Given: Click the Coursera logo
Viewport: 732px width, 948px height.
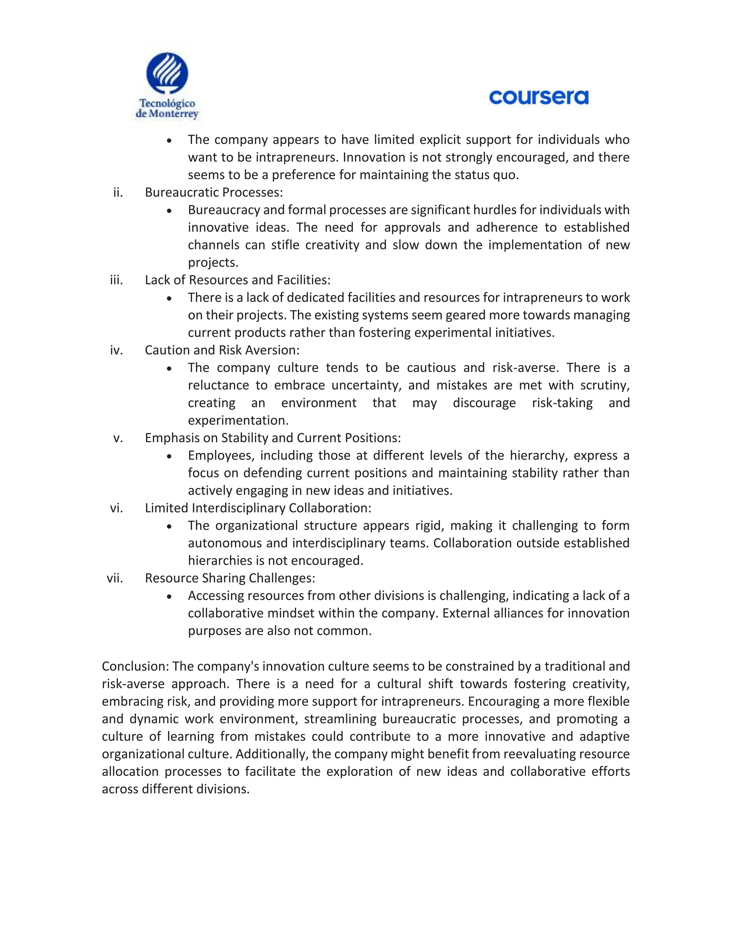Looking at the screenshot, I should [539, 97].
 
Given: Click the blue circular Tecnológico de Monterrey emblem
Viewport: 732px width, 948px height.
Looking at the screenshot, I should [167, 73].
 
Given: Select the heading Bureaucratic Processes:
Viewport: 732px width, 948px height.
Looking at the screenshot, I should [214, 192].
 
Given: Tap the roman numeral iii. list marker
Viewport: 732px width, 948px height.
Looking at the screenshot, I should [116, 280].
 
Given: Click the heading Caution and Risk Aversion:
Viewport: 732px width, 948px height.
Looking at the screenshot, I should [222, 350].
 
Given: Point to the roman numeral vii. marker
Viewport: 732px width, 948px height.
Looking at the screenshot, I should [115, 578].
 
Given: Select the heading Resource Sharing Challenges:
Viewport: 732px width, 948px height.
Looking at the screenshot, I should [230, 578].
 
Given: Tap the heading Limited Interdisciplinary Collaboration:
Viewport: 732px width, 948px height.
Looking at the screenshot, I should [258, 508].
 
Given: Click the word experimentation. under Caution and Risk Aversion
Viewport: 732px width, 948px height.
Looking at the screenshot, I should [238, 420].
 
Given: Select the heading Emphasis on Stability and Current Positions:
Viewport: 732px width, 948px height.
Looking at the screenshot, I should [273, 438].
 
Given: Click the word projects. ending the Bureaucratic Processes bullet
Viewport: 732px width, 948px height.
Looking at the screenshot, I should [213, 263].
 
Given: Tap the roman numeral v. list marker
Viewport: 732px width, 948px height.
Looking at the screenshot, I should [118, 438].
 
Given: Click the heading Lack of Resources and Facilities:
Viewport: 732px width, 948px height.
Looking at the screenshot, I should [238, 280].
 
